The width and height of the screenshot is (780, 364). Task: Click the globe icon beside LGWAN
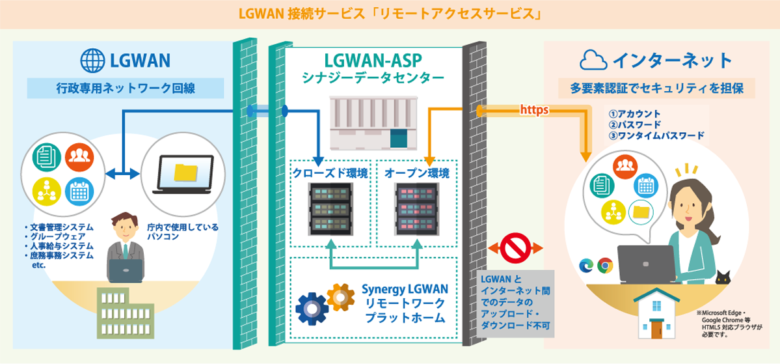[92, 61]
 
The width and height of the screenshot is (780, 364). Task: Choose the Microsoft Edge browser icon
[586, 265]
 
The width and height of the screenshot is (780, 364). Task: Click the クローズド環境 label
[330, 173]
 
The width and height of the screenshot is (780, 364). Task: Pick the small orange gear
[340, 297]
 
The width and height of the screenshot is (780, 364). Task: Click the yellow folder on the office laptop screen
[185, 172]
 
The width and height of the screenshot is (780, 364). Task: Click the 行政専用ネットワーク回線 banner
[126, 88]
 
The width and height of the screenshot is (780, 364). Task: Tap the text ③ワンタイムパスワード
[656, 135]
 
